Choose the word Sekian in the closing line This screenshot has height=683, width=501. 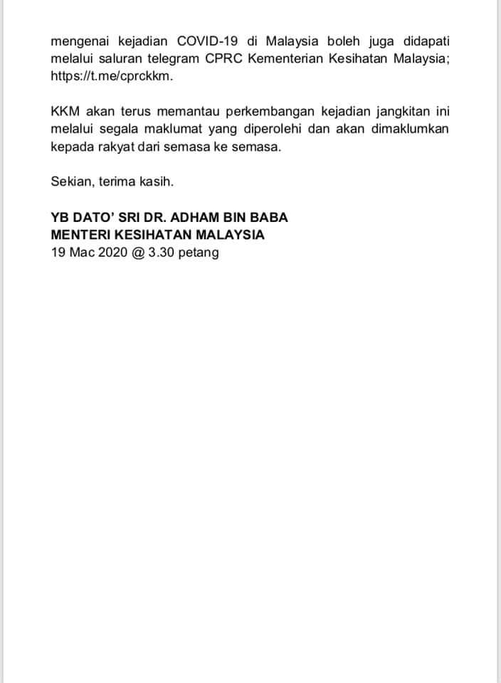[70, 181]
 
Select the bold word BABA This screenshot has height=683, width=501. [270, 217]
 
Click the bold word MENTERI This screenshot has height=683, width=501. [78, 234]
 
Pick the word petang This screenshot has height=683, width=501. [199, 253]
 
